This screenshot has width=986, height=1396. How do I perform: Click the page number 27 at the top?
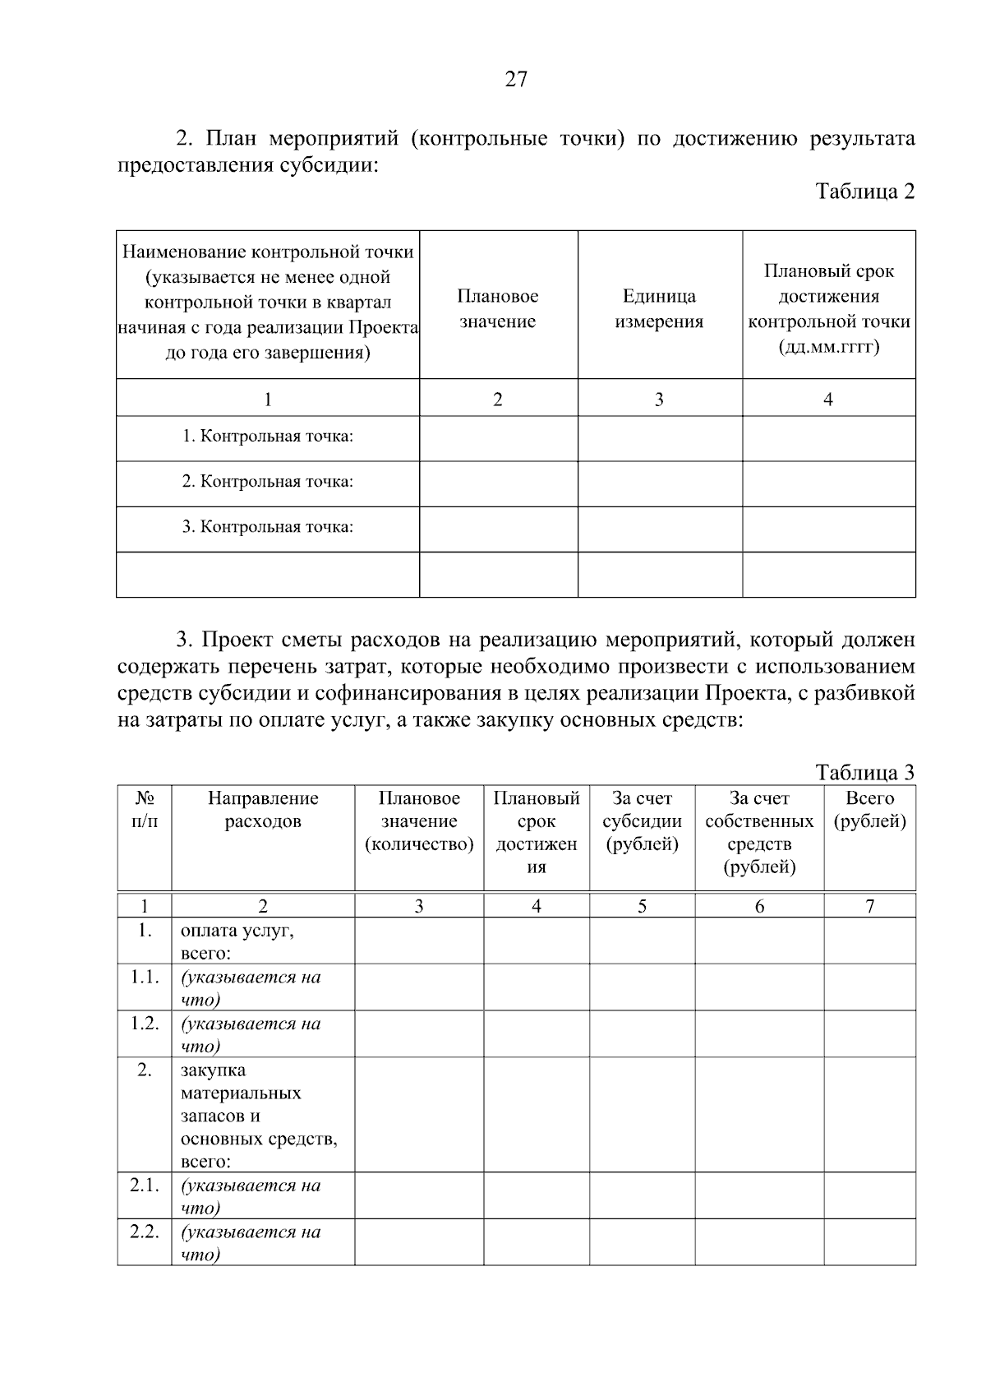tap(516, 80)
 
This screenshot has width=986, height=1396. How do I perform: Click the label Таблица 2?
tap(864, 192)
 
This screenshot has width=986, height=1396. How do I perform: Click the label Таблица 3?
tap(864, 772)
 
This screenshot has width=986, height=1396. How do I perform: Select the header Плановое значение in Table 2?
tap(498, 308)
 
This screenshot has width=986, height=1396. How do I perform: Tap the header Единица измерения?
tap(659, 308)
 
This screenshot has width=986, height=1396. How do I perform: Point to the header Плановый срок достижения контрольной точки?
tap(828, 308)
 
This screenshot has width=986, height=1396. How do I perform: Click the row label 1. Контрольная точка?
tap(267, 437)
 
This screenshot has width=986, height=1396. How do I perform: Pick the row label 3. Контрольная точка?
tap(267, 527)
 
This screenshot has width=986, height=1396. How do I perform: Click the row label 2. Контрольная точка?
tap(267, 482)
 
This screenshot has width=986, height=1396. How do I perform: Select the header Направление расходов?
tap(263, 810)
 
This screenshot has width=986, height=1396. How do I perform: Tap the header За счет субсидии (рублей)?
tap(642, 821)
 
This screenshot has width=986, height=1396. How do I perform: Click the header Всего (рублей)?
tap(869, 810)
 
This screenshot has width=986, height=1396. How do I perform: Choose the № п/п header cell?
tap(145, 810)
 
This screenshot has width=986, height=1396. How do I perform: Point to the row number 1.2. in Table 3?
tap(145, 1024)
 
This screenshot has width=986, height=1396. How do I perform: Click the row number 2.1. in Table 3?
tap(145, 1186)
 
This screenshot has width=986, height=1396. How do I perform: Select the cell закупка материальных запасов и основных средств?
tap(258, 1116)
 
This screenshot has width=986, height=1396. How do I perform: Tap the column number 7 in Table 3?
tap(869, 906)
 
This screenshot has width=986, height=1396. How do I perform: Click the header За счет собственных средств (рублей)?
tap(759, 833)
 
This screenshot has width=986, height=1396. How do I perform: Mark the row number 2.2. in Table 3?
tap(145, 1232)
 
